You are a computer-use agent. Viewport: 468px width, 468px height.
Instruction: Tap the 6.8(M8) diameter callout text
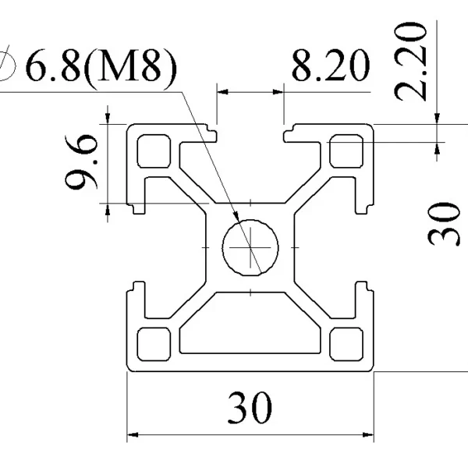pyautogui.click(x=101, y=68)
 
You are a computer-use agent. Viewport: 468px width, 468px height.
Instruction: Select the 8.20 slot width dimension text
pyautogui.click(x=331, y=66)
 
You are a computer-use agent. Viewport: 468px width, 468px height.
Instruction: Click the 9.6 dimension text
pyautogui.click(x=81, y=163)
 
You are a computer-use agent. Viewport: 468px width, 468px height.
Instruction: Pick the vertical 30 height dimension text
pyautogui.click(x=442, y=225)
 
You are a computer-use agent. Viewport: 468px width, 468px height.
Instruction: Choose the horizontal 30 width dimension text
pyautogui.click(x=250, y=408)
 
